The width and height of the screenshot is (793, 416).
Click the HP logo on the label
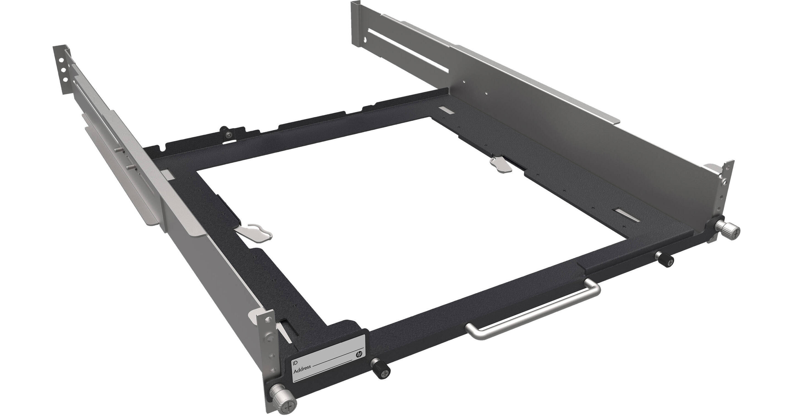359,354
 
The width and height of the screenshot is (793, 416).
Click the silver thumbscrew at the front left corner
282,400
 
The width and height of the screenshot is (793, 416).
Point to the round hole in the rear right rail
365,40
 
